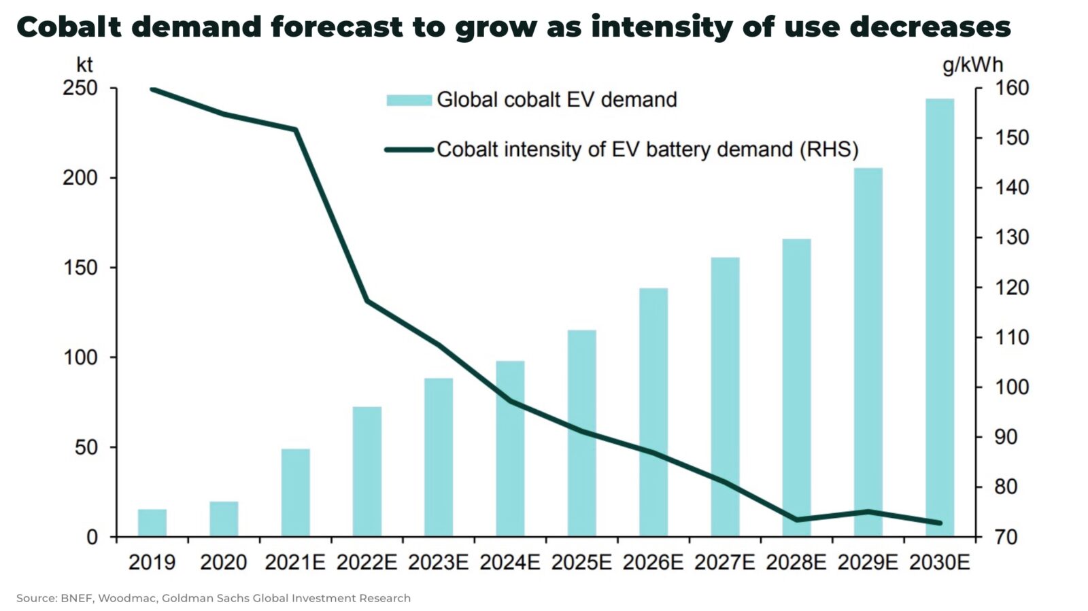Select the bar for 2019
pos(152,523)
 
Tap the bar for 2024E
pos(510,449)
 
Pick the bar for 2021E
pos(295,493)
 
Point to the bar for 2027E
pos(725,397)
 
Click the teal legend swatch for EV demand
pos(409,100)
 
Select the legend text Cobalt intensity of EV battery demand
pos(647,150)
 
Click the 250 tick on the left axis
pos(80,88)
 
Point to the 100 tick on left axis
pos(80,357)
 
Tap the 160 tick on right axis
pos(1012,88)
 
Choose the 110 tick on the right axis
pos(1012,338)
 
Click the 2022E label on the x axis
pos(367,563)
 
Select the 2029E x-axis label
pos(868,563)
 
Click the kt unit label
pos(84,65)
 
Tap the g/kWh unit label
pos(972,65)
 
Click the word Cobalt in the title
pos(69,27)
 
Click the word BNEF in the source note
pos(77,598)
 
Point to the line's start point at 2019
pos(152,89)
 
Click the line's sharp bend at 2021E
pos(296,129)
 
